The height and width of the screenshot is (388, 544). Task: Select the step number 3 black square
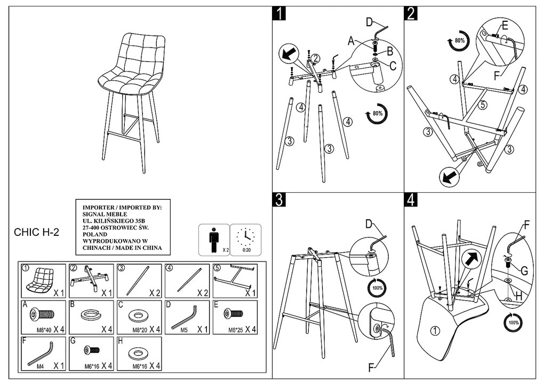coord(279,200)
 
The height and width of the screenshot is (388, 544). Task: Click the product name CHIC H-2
coord(36,232)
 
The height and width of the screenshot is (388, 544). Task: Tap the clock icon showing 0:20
coord(245,237)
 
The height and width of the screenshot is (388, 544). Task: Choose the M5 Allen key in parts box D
coord(185,317)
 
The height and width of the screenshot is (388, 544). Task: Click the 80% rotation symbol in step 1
coord(377,114)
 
